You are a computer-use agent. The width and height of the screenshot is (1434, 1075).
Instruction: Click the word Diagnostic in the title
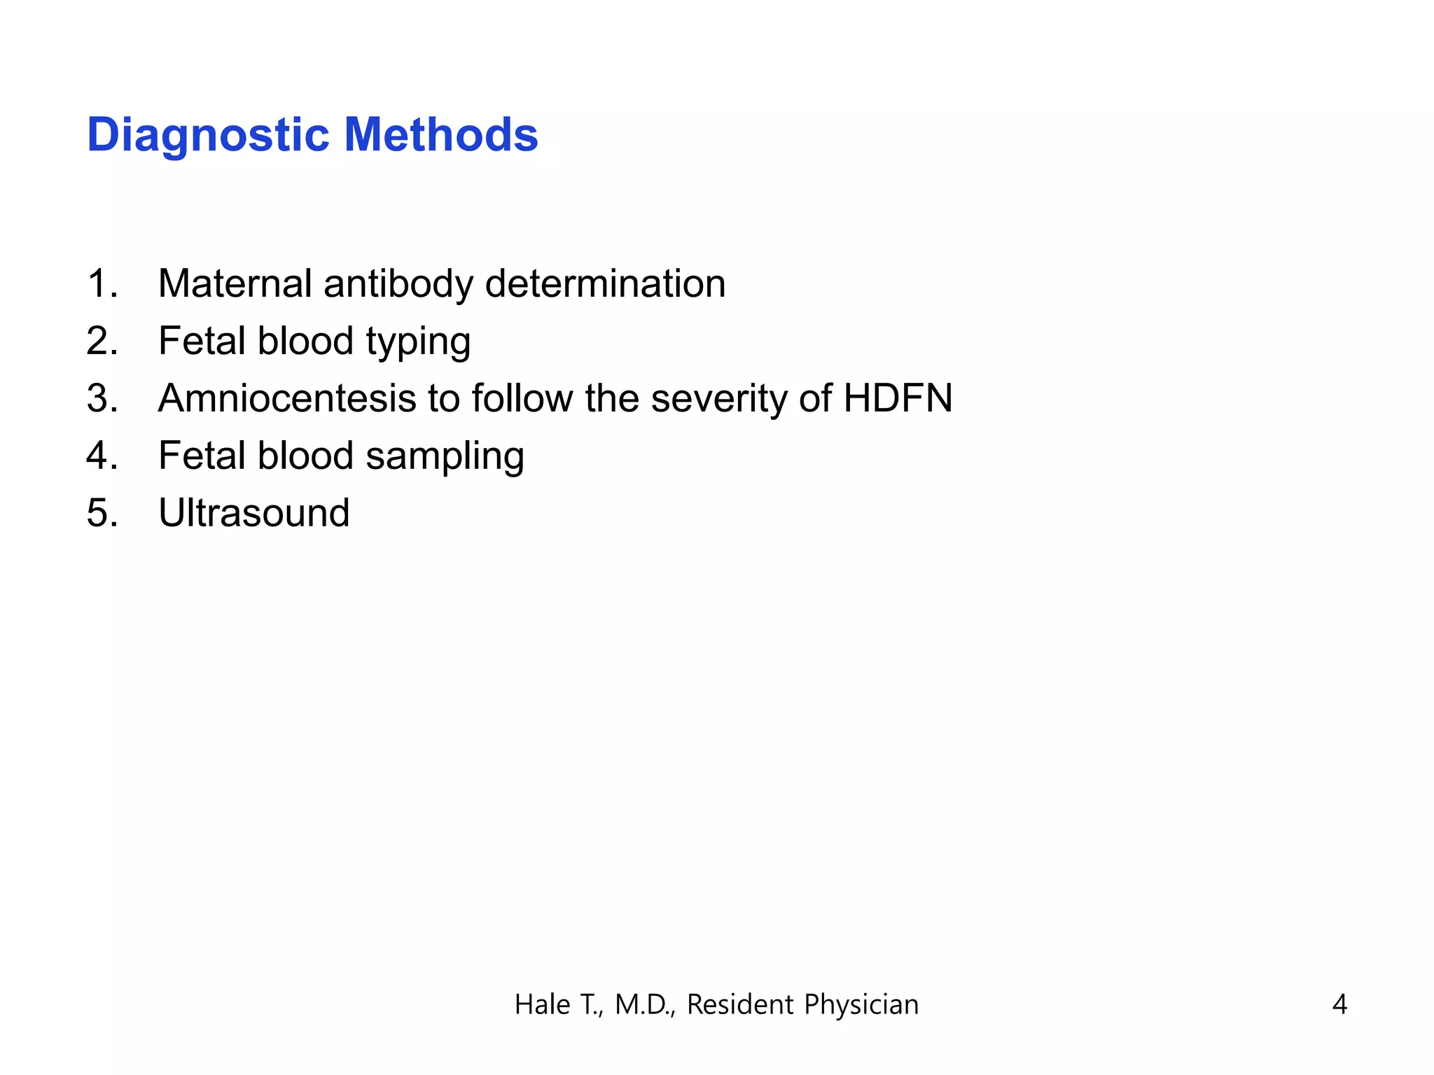[208, 135]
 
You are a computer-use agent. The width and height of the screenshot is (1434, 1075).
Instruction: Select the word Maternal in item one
[235, 283]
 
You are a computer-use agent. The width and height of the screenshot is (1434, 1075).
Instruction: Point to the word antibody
[398, 283]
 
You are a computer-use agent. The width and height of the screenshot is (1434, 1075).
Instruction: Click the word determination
[605, 283]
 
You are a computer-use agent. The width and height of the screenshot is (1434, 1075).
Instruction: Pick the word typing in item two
[418, 342]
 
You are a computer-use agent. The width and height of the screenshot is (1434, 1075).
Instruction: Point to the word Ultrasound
[254, 513]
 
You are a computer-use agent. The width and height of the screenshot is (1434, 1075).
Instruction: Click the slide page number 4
[1339, 1004]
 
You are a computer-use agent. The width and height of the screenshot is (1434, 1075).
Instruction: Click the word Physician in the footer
[861, 1005]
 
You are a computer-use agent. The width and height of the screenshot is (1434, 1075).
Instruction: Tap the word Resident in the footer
[740, 1004]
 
